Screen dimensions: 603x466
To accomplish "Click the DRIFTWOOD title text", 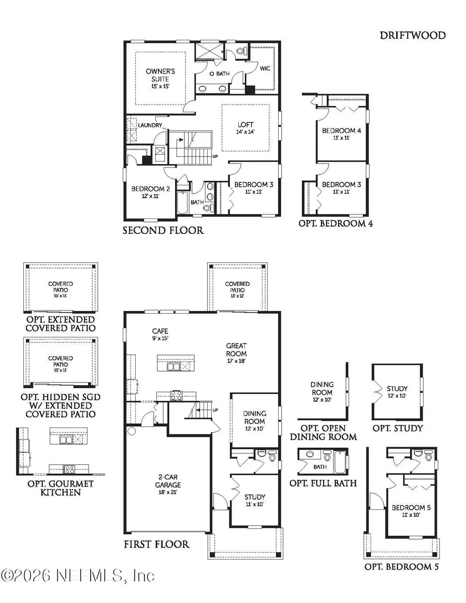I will point(412,35).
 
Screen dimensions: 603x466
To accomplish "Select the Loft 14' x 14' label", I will point(245,128).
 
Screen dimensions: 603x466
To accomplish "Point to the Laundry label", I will point(150,125).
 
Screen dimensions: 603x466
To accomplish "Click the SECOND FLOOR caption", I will point(163,230).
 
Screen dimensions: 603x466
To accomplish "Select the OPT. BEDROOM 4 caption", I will point(336,224).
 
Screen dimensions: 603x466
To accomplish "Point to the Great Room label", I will point(236,354).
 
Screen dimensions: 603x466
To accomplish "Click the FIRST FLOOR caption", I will point(156,544).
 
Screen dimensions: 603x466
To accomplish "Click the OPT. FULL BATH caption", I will point(323,483).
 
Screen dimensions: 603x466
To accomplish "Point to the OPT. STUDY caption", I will point(397,428).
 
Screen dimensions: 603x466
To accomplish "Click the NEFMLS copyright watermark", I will point(78,575).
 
